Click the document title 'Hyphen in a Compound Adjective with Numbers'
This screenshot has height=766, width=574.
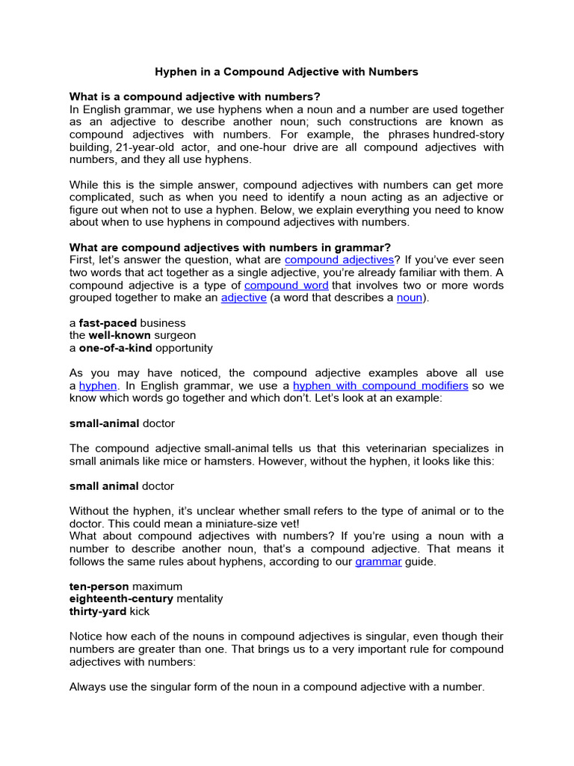pyautogui.click(x=286, y=72)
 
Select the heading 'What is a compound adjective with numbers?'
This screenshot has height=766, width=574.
pyautogui.click(x=195, y=96)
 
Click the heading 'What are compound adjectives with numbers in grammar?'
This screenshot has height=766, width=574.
pyautogui.click(x=229, y=248)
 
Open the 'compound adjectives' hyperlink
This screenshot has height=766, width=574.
pyautogui.click(x=339, y=260)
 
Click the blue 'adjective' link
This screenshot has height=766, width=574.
pyautogui.click(x=244, y=298)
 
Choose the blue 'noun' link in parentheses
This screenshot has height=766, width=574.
pyautogui.click(x=410, y=298)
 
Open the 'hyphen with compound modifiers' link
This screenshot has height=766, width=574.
pyautogui.click(x=380, y=386)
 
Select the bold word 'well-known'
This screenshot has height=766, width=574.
pyautogui.click(x=120, y=336)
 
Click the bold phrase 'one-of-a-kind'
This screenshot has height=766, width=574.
pyautogui.click(x=114, y=348)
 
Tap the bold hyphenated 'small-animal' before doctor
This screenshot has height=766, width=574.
pyautogui.click(x=104, y=423)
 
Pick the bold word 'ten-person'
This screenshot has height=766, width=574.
pyautogui.click(x=99, y=586)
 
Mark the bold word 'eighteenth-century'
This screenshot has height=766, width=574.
pyautogui.click(x=121, y=599)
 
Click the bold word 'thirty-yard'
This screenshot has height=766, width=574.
pyautogui.click(x=98, y=612)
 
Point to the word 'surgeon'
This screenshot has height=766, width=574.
pyautogui.click(x=176, y=336)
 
